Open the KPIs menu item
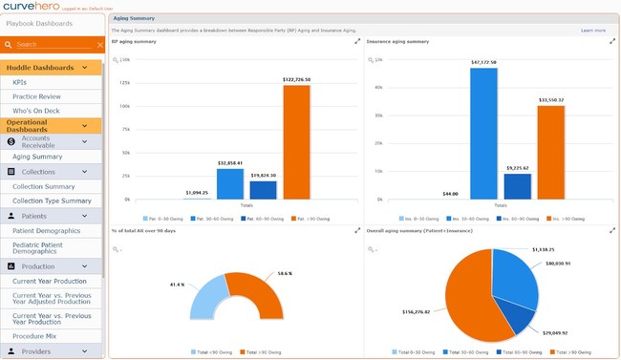point(20,83)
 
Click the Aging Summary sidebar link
point(37,157)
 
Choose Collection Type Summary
point(52,201)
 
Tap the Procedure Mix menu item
point(35,337)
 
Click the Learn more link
point(592,31)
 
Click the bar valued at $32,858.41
point(230,183)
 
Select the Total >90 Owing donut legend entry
point(267,353)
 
